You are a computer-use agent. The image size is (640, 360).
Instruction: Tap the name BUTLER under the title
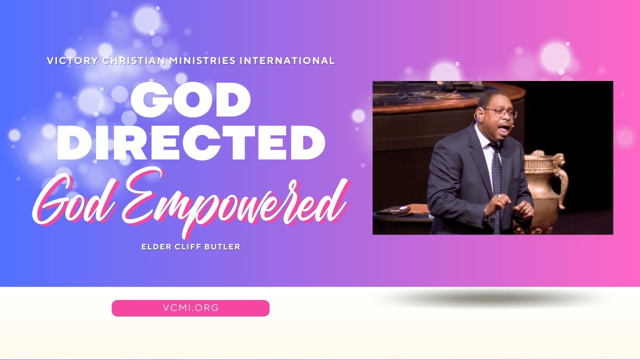click(x=223, y=247)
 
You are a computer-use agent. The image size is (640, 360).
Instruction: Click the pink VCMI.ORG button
click(x=190, y=308)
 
